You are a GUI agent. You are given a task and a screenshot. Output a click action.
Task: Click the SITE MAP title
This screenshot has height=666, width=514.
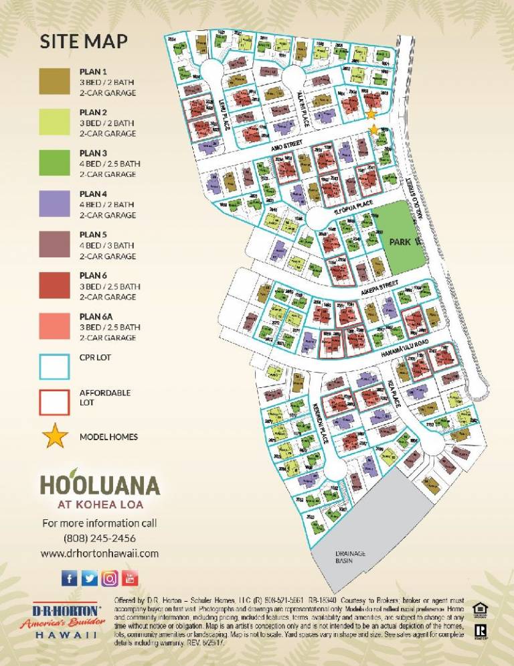point(84,42)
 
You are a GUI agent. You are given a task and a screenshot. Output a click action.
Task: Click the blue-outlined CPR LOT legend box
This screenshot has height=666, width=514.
point(55,367)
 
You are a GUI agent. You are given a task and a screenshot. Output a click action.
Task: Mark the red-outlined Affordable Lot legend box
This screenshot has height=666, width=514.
point(55,401)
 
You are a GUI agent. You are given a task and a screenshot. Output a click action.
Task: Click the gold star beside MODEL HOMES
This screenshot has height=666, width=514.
point(55,436)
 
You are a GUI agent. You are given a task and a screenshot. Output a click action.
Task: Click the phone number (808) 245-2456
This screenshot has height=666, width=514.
point(100,538)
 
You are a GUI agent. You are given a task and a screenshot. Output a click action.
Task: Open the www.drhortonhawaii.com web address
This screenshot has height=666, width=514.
point(100,553)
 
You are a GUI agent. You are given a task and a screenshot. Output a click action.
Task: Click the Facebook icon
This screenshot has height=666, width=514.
point(70,578)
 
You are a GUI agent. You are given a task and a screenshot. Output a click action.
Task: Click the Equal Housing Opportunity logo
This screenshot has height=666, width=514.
point(479,609)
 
